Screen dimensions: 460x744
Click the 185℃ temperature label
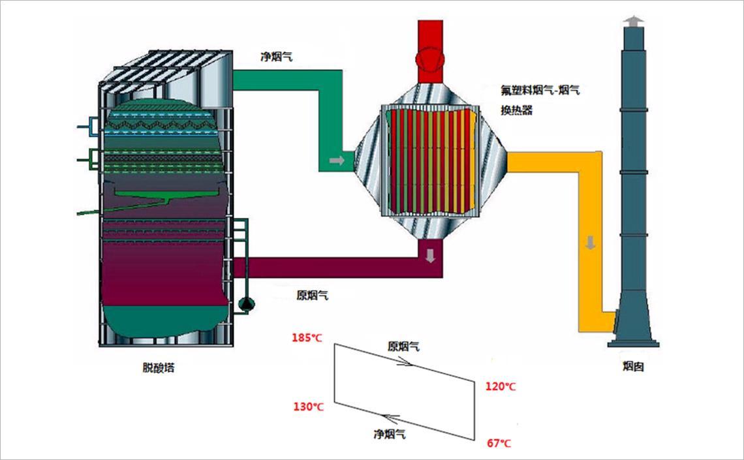click(307, 338)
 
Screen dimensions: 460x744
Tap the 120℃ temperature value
click(501, 386)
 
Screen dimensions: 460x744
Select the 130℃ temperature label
click(308, 406)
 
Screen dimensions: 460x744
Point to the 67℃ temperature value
click(499, 444)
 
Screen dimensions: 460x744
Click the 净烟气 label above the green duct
click(277, 57)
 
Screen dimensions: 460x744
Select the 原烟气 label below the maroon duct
click(313, 295)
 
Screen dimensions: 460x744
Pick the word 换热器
click(517, 110)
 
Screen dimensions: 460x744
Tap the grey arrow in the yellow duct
click(591, 244)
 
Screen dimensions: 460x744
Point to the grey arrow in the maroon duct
click(430, 255)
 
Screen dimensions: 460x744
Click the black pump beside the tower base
click(247, 303)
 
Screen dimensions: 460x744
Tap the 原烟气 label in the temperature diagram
click(404, 346)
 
